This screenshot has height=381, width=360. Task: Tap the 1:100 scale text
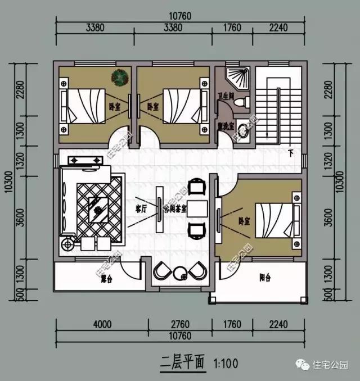[x=225, y=364]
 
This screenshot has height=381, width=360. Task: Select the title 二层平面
[x=182, y=361]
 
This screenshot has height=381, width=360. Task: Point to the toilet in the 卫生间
[x=240, y=102]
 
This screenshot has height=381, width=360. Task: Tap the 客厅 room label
[x=141, y=208]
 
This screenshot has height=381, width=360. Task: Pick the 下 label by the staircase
[x=290, y=152]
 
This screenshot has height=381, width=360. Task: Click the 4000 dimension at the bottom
[x=102, y=324]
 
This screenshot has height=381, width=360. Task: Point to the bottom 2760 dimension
[x=178, y=324]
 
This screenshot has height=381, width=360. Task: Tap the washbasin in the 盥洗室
[x=242, y=128]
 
